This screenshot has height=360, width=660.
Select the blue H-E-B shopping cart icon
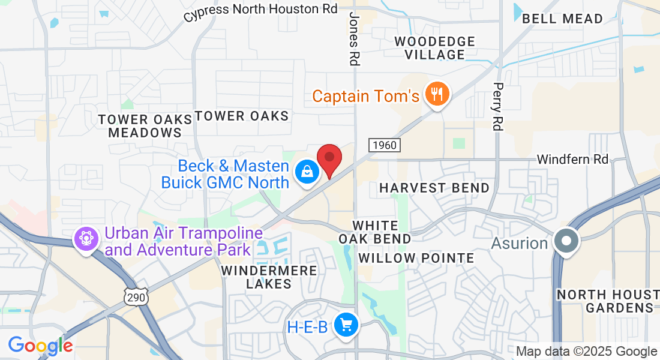click(346, 326)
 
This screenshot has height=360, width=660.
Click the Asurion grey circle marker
click(566, 242)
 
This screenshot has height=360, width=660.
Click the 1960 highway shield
click(384, 145)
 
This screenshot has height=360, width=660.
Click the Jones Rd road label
click(354, 38)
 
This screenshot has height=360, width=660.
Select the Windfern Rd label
click(572, 159)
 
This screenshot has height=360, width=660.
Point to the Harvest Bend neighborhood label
click(434, 188)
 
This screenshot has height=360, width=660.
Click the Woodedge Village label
click(435, 48)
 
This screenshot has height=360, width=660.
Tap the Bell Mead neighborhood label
click(562, 19)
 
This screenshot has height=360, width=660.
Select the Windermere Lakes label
click(268, 277)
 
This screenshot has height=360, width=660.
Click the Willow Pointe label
click(416, 258)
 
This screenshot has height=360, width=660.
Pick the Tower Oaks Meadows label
click(145, 126)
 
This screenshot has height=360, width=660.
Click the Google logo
click(40, 346)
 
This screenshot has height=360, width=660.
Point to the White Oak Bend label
click(375, 232)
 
